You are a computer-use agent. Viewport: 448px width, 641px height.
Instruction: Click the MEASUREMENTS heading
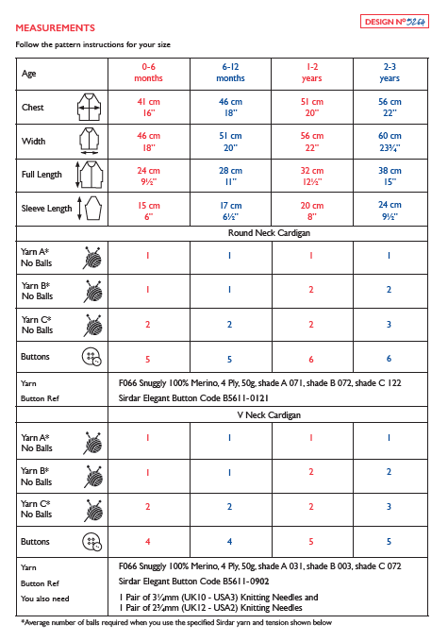[55, 28]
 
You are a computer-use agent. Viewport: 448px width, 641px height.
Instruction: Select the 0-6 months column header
[148, 73]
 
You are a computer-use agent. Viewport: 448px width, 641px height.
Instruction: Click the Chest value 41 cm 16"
[148, 106]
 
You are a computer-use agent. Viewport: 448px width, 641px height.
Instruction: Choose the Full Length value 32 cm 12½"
[311, 177]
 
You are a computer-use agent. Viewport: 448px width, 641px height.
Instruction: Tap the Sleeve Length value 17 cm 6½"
[231, 211]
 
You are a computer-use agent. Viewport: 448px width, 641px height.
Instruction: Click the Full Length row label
[41, 176]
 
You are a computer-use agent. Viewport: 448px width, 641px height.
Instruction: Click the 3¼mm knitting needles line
[218, 597]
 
